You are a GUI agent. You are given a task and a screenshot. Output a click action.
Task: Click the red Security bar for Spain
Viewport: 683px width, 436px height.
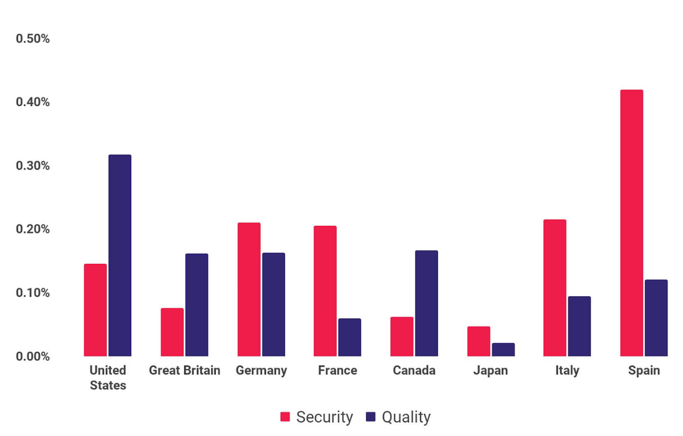coord(631,223)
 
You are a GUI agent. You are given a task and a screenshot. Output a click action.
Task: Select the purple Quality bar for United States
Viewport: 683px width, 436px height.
coord(120,256)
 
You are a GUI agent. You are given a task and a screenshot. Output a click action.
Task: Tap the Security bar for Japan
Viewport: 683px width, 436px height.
coord(478,341)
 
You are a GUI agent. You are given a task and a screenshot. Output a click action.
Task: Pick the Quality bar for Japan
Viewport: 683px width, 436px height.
coord(503,349)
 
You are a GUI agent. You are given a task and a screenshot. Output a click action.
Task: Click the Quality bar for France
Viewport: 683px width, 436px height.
coord(349,337)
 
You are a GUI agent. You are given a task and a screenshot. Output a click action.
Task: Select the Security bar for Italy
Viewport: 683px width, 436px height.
coord(554,288)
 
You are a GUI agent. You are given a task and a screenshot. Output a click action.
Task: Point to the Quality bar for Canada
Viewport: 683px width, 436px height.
coord(426,303)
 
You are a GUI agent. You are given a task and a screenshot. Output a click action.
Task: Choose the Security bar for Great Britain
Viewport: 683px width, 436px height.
coord(172,332)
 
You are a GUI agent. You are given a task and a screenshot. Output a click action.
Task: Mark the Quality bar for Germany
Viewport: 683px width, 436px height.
coord(273,305)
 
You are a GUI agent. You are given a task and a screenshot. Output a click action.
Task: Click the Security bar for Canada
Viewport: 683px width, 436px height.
coord(402,336)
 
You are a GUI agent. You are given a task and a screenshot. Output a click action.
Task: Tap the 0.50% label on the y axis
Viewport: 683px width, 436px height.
coord(33,39)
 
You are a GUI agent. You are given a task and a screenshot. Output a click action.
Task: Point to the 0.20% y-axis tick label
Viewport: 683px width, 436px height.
coord(33,229)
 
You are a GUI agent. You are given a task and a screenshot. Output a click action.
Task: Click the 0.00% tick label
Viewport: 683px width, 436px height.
coord(33,356)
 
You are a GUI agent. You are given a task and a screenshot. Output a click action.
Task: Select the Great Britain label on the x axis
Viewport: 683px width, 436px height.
coord(184,370)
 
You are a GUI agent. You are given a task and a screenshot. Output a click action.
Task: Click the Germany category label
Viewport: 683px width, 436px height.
coord(261,370)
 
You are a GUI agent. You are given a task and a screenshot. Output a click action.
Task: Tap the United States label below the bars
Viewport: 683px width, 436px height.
coord(108,377)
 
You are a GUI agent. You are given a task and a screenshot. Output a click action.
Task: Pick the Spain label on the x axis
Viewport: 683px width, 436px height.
coord(643,370)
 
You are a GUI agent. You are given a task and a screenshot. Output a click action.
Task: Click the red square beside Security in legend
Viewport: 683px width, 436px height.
coord(285,417)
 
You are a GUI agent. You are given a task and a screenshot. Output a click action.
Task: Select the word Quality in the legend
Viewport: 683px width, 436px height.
coord(406,417)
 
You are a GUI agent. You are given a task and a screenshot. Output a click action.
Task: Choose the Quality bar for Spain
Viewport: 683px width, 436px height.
coord(656,318)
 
